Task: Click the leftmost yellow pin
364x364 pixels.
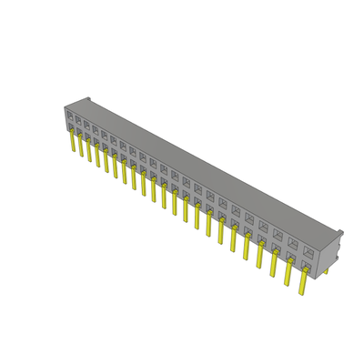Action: (x=72, y=142)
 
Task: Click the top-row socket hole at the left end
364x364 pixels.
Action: (x=69, y=115)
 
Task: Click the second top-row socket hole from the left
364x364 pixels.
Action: (x=78, y=119)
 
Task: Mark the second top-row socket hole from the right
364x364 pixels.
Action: (x=293, y=243)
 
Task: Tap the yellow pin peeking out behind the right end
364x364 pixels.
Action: (x=325, y=270)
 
